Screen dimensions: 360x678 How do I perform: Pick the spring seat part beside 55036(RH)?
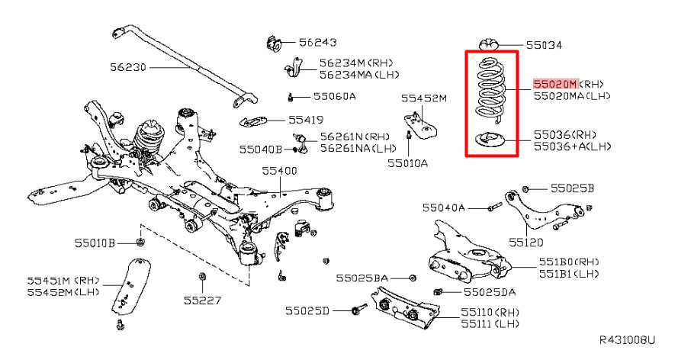[487, 141]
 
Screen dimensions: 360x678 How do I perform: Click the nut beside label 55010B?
[140, 243]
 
